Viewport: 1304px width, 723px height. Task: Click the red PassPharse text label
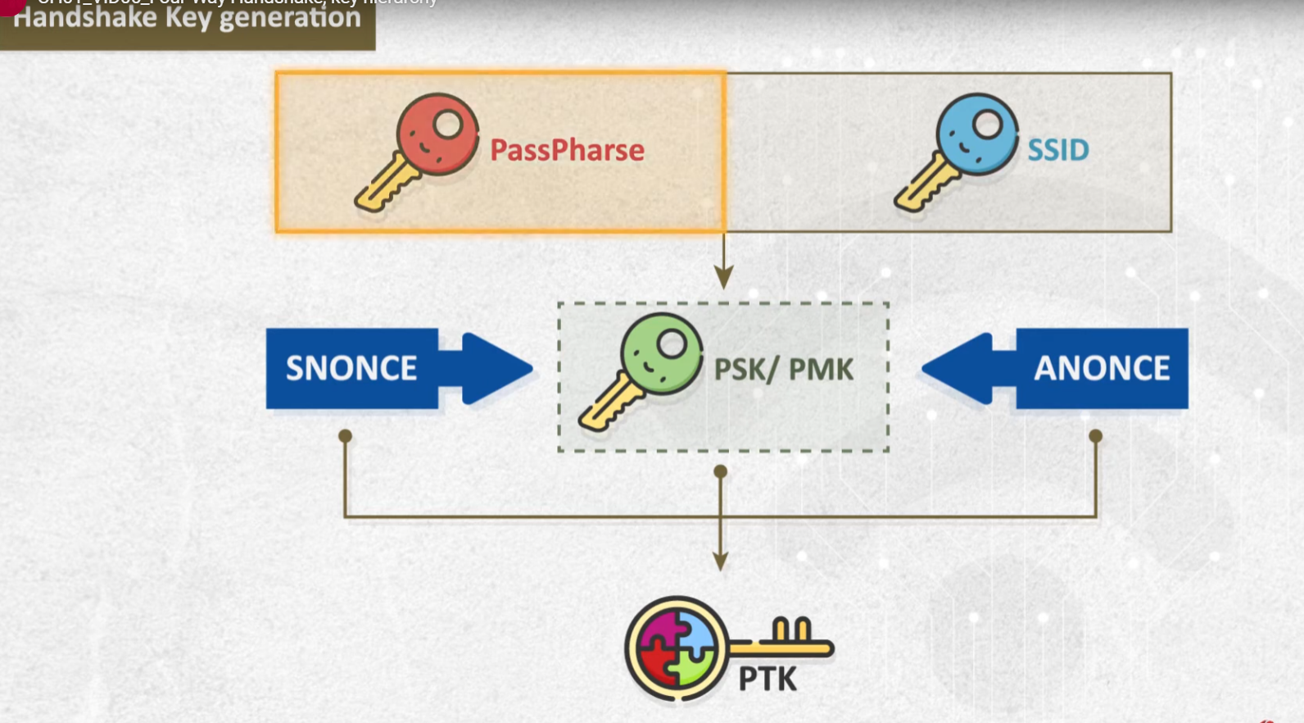(x=567, y=150)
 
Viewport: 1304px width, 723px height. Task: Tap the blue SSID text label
(x=1057, y=150)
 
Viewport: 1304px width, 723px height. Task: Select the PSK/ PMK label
(x=783, y=370)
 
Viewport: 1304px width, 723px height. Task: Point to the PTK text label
(x=767, y=679)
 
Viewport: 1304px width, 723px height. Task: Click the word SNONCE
(x=351, y=368)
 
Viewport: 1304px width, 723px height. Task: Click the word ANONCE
(x=1101, y=368)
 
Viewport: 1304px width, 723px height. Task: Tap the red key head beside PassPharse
(x=437, y=134)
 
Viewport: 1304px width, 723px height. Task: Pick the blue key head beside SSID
(x=977, y=134)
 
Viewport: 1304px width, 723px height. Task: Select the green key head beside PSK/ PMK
(x=662, y=353)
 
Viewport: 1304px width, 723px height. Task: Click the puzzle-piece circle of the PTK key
(x=677, y=648)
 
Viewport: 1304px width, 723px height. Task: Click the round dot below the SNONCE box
(x=345, y=436)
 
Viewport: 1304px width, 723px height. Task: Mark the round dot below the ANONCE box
(x=1095, y=436)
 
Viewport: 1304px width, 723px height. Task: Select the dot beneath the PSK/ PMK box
(x=720, y=471)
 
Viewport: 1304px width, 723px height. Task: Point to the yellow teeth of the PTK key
(x=791, y=630)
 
